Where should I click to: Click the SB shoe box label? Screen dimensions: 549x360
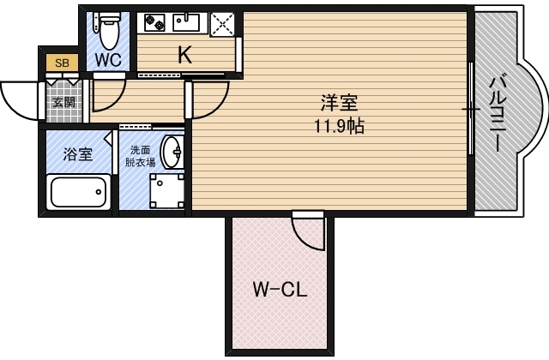(62, 63)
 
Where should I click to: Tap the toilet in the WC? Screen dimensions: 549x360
(109, 31)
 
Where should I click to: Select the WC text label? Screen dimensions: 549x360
(109, 60)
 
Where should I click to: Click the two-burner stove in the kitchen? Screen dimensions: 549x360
(154, 22)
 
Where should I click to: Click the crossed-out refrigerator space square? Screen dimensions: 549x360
(222, 24)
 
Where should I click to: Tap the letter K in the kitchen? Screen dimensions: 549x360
(185, 55)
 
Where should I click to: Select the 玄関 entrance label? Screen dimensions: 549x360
(64, 102)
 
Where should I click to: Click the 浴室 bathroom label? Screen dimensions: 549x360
(78, 154)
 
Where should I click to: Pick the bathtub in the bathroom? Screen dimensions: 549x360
(78, 192)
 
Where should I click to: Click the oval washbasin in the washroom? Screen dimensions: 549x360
(172, 152)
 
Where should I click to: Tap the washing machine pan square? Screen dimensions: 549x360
(167, 190)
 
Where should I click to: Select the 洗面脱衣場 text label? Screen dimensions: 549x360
(140, 156)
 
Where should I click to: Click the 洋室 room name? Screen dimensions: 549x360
(340, 103)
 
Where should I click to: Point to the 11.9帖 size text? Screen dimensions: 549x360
(340, 126)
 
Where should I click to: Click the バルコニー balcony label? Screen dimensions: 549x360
(498, 114)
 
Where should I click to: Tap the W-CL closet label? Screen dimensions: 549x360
(280, 290)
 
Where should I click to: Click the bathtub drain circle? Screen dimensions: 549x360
(99, 192)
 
